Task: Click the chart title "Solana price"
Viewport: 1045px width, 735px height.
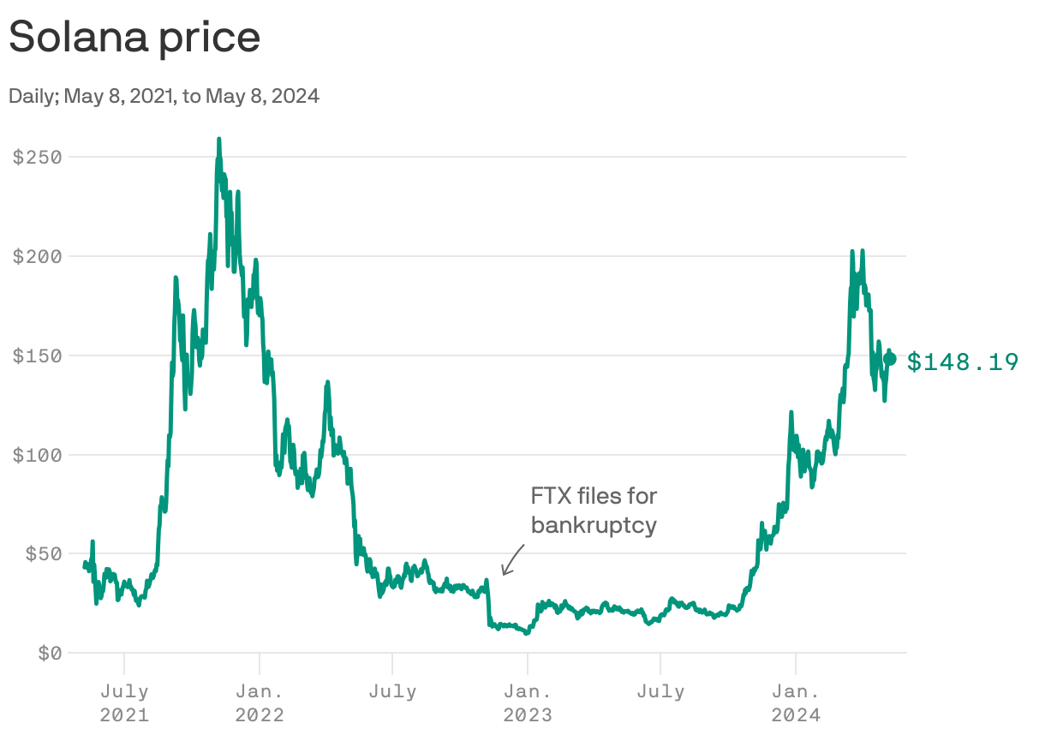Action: pos(134,38)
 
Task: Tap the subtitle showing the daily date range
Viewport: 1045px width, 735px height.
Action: pos(164,96)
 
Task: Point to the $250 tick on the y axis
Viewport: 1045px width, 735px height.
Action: pos(36,157)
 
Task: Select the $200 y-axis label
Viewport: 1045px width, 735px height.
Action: pos(36,256)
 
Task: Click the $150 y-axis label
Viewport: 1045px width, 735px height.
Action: pos(36,356)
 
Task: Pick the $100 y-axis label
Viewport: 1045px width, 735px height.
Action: pos(36,455)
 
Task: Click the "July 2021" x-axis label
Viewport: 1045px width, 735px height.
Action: pos(124,702)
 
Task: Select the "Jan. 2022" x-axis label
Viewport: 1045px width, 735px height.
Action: pos(259,702)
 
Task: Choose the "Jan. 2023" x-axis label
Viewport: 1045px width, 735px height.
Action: pos(528,702)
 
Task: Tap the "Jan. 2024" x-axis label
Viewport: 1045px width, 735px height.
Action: pos(796,702)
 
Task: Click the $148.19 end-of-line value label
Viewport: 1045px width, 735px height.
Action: pos(963,362)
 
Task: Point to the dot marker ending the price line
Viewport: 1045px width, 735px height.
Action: pos(890,359)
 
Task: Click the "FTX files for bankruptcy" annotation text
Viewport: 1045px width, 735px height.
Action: pos(594,510)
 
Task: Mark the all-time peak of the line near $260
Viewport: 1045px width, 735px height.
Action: pos(219,140)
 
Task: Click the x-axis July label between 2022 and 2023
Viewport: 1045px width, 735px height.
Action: pos(392,691)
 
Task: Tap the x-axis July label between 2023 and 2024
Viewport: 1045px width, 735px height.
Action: pos(660,691)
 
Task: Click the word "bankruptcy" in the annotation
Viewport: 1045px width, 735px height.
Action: pos(594,525)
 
